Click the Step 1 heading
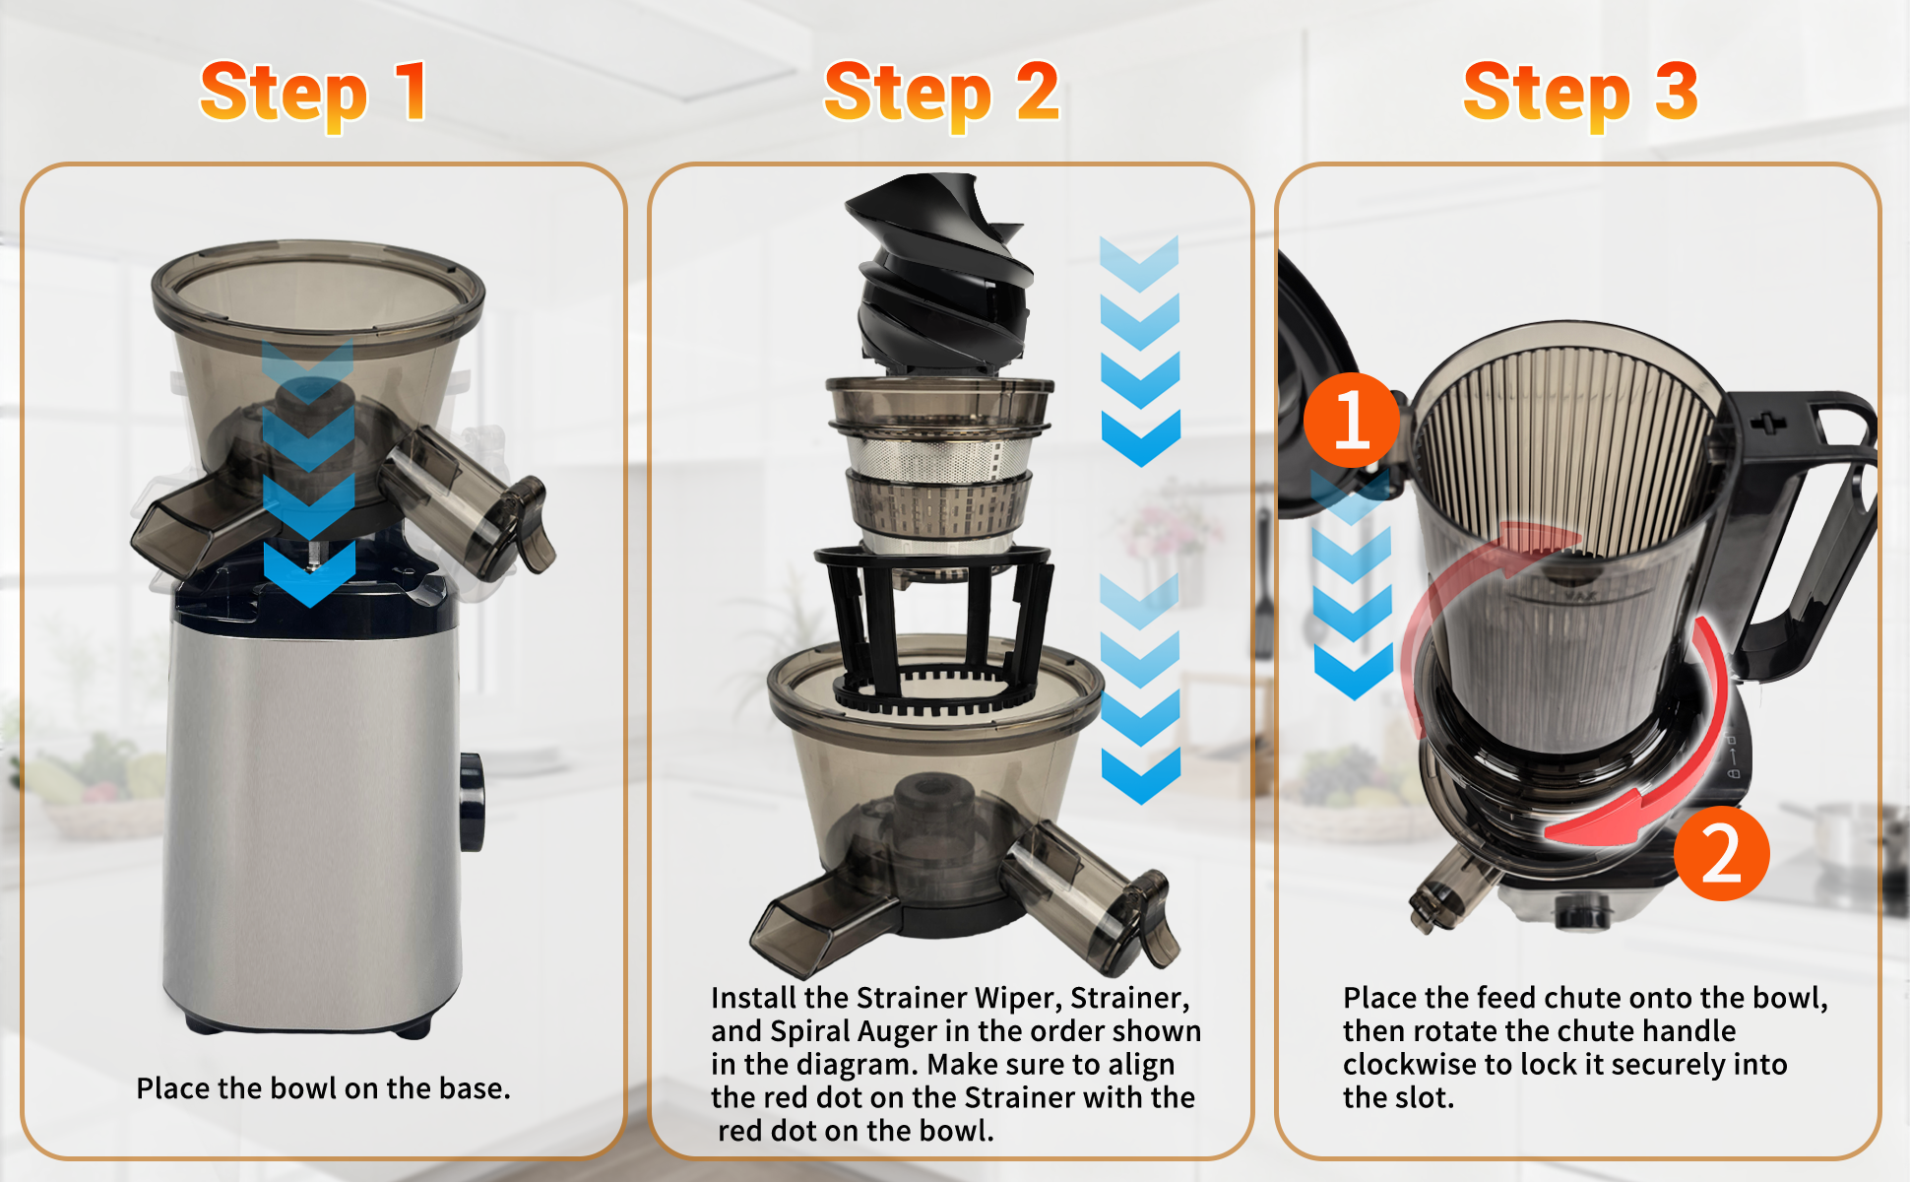pyautogui.click(x=314, y=93)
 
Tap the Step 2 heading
pyautogui.click(x=941, y=93)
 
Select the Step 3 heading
pyautogui.click(x=1580, y=93)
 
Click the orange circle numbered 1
pyautogui.click(x=1352, y=421)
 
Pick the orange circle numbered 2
pyautogui.click(x=1721, y=853)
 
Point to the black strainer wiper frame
pyautogui.click(x=933, y=630)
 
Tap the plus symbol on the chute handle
pyautogui.click(x=1768, y=425)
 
